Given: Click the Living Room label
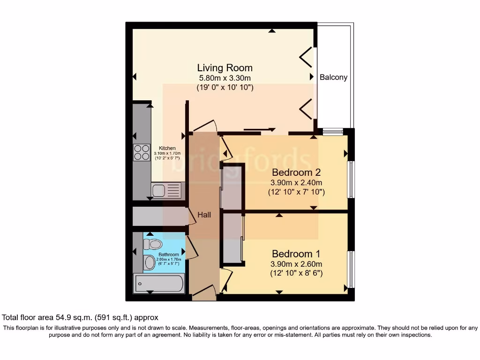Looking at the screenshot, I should pyautogui.click(x=225, y=68).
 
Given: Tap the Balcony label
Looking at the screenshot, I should pyautogui.click(x=333, y=77).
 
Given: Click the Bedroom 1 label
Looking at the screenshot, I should pyautogui.click(x=296, y=254).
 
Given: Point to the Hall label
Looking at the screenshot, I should pyautogui.click(x=204, y=215).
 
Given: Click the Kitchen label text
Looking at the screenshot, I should pyautogui.click(x=167, y=148).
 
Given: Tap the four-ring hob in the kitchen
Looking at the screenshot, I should pyautogui.click(x=142, y=152).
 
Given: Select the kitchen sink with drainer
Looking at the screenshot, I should pyautogui.click(x=166, y=190).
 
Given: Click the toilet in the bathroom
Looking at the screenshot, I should pyautogui.click(x=153, y=244).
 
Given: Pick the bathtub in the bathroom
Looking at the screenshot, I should pyautogui.click(x=158, y=284).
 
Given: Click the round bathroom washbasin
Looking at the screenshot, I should pyautogui.click(x=150, y=262).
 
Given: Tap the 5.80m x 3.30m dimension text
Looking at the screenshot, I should pyautogui.click(x=225, y=78).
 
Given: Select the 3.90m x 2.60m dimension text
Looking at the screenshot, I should pyautogui.click(x=296, y=264).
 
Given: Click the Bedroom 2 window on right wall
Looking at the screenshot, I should pyautogui.click(x=349, y=180).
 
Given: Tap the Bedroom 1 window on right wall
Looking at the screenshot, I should pyautogui.click(x=349, y=270).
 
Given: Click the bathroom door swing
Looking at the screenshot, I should pyautogui.click(x=192, y=247).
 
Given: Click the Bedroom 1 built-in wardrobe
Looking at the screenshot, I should pyautogui.click(x=232, y=238).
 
